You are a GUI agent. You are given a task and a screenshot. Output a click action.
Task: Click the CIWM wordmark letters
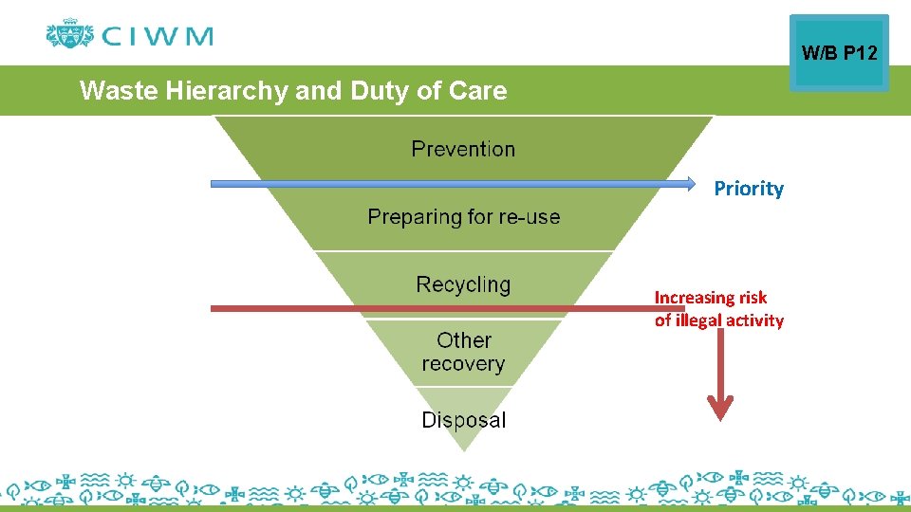coord(158,37)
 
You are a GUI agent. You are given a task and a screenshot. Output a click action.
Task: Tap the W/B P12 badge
coord(839,53)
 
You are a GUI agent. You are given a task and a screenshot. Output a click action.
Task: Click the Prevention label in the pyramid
coord(463,149)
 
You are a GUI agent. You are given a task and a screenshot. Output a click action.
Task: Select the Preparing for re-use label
coord(463,217)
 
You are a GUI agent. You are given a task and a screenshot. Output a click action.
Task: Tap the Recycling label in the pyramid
coord(463,284)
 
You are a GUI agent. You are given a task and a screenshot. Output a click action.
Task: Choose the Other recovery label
coord(463,352)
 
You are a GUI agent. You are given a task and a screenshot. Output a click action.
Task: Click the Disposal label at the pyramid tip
coord(463,420)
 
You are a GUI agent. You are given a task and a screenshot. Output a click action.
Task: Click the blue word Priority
coord(749,189)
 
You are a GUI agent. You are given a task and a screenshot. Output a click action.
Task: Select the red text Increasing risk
coord(710,298)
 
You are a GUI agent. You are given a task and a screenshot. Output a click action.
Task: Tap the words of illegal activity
coord(718,320)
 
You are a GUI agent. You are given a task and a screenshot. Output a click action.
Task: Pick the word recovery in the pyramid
coord(463,363)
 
